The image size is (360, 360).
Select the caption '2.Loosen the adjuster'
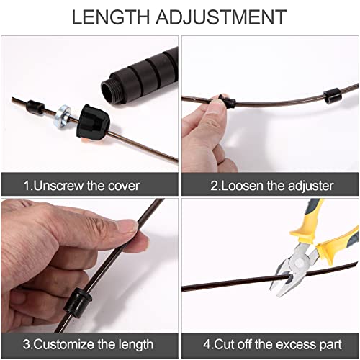point(272,185)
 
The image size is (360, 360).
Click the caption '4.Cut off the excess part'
point(271,344)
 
